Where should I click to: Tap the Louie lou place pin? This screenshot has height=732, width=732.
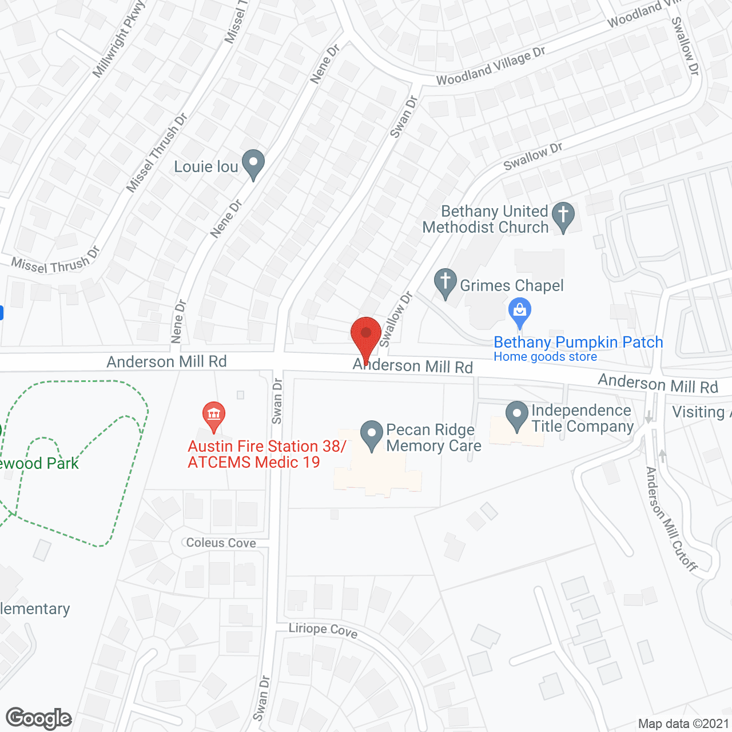pos(253,164)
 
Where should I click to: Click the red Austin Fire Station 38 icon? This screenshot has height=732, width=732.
pos(214,416)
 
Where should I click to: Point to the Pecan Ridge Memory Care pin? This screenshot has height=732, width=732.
pos(372,435)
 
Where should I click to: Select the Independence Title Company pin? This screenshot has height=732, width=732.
pos(517,416)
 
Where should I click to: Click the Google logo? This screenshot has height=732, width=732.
pos(38,718)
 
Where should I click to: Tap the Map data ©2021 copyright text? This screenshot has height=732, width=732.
pos(683,724)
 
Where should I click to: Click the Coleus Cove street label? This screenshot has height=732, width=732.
pos(221,543)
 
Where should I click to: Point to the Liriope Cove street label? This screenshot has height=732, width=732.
pos(323,630)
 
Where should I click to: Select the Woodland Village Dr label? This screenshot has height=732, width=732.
pos(491,67)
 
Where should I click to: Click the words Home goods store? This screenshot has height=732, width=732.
pos(545,357)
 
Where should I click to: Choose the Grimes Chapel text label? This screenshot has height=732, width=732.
pos(512,285)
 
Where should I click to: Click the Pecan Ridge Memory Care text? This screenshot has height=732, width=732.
pos(433,437)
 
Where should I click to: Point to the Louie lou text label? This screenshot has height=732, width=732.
pos(206,166)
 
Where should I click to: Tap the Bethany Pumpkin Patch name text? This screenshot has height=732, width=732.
pos(578,342)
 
